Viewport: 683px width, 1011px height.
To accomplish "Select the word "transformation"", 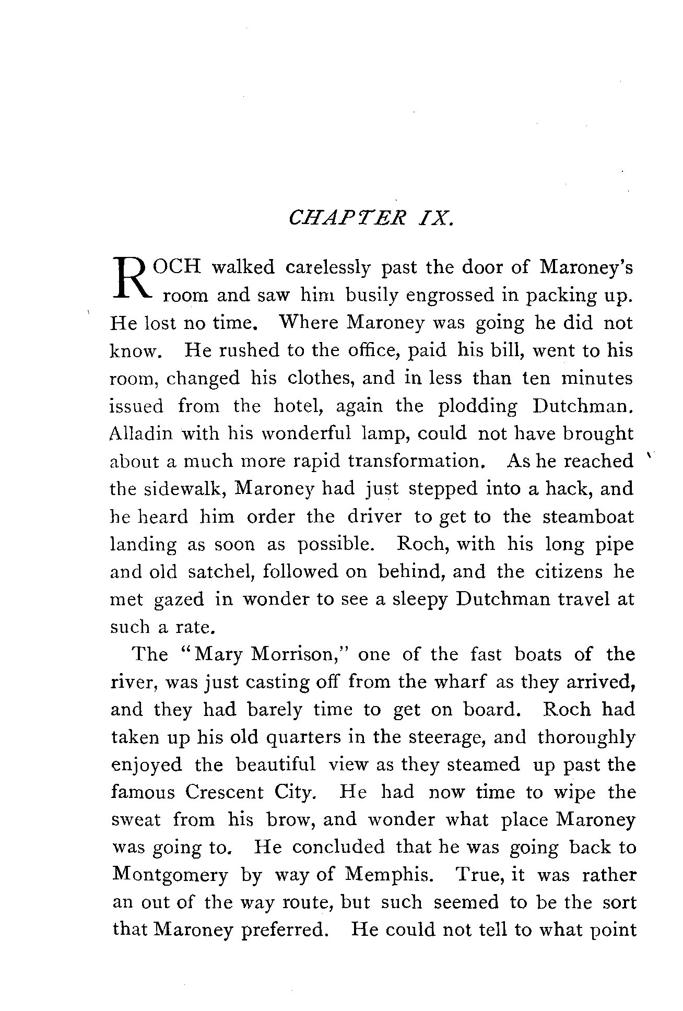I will coord(414,462).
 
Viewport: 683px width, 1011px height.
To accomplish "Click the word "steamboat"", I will coord(588,517).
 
